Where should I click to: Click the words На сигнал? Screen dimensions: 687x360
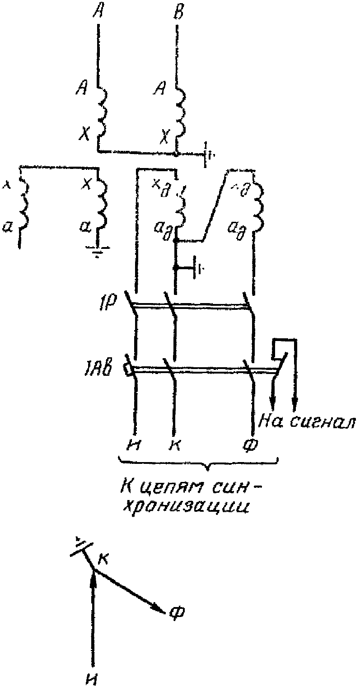point(308,422)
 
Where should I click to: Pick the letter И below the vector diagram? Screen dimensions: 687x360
point(93,677)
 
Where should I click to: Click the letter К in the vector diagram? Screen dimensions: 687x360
point(103,559)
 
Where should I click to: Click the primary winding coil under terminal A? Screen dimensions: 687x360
point(102,111)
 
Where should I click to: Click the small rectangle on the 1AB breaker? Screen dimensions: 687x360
point(128,370)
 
